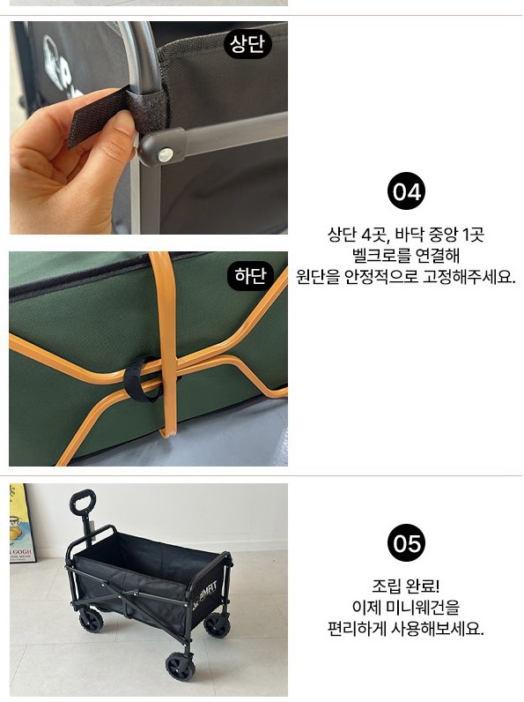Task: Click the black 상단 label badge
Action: pos(247,43)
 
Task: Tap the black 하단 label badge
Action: pos(250,276)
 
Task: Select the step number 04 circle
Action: pos(406,191)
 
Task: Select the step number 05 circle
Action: pos(406,543)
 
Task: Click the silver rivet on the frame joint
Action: pos(166,155)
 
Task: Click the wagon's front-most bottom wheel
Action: pos(181,667)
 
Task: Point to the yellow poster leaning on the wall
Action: pos(21,523)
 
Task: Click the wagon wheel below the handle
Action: pos(92,621)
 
